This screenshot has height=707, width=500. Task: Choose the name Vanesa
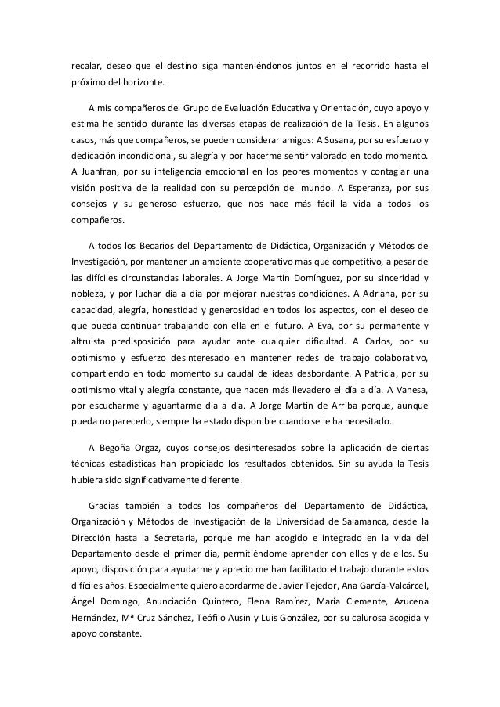point(404,395)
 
